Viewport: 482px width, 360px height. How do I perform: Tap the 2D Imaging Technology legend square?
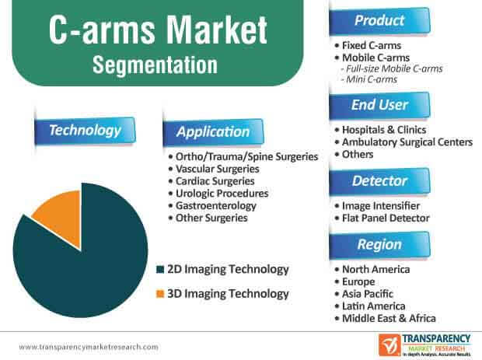(160, 270)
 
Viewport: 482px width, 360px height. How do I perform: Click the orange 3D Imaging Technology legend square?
(160, 294)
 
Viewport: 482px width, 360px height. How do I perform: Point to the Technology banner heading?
(85, 131)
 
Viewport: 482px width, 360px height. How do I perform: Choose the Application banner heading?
(213, 132)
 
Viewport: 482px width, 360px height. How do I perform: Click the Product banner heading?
(379, 20)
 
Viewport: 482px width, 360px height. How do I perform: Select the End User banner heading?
(379, 105)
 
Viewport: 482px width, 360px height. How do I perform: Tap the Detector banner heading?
(379, 180)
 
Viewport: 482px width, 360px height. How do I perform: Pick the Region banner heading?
(379, 245)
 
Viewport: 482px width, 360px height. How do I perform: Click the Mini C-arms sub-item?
(368, 79)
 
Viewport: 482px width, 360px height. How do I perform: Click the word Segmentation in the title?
(155, 65)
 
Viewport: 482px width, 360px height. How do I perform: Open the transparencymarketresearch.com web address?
(89, 347)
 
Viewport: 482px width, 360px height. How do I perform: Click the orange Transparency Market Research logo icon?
(389, 345)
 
